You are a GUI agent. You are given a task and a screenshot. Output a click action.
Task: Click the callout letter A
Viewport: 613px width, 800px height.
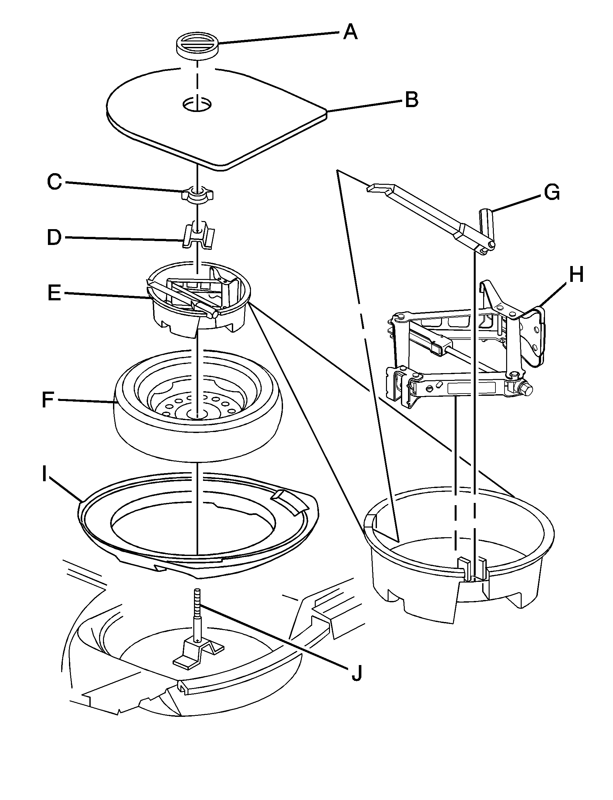click(x=350, y=32)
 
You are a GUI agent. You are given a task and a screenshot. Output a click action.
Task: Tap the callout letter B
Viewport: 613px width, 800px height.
click(x=412, y=100)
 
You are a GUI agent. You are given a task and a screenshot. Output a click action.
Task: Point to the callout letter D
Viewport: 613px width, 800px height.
click(x=55, y=238)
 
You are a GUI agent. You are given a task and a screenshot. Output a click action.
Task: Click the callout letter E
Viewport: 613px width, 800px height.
click(x=55, y=293)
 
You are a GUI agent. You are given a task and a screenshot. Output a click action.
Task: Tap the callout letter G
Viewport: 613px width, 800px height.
click(x=552, y=193)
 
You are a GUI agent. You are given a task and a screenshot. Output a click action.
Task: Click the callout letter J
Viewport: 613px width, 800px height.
click(x=357, y=673)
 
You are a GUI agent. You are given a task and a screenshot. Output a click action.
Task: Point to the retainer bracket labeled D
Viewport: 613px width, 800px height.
click(x=198, y=237)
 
